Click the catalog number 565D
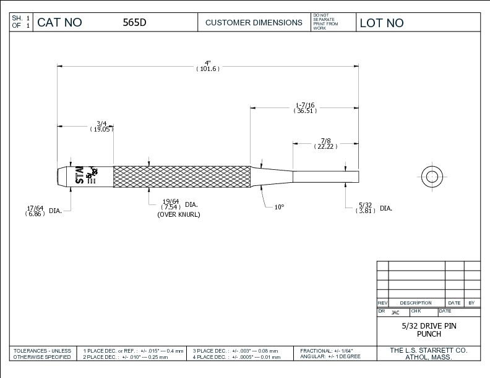pos(134,23)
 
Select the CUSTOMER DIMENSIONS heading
pos(254,23)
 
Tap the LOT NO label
pos(382,23)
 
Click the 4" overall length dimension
pos(208,65)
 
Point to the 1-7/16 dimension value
pos(305,107)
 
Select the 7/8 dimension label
pos(325,143)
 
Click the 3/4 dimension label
pos(102,126)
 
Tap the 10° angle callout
pos(279,208)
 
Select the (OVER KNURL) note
pos(179,214)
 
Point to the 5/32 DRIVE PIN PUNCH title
pos(429,329)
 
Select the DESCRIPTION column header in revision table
pos(416,303)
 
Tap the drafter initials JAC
pos(395,313)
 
